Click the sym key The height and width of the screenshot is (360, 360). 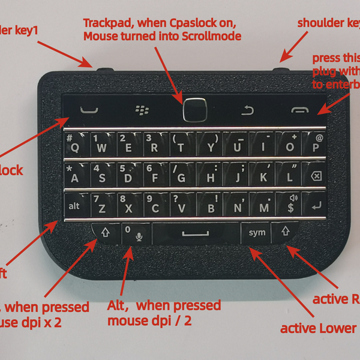click(x=254, y=232)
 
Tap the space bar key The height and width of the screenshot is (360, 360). click(x=196, y=232)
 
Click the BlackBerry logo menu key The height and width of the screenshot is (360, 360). click(x=142, y=110)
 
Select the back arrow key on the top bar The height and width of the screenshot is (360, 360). click(x=247, y=110)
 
